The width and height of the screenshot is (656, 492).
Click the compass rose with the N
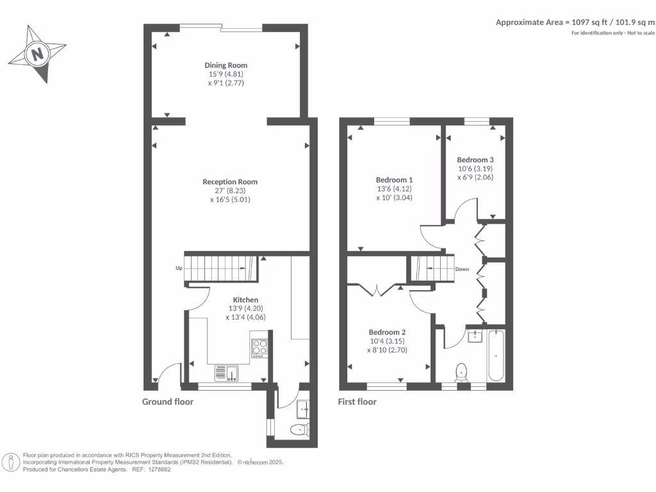click(38, 53)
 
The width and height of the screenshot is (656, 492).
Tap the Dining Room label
click(225, 65)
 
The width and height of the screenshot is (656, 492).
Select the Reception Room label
click(230, 182)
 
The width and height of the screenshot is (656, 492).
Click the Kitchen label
click(245, 300)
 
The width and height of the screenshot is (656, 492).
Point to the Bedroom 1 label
click(394, 180)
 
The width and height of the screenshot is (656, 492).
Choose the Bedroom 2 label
click(387, 332)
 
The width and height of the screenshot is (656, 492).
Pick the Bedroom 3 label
click(475, 160)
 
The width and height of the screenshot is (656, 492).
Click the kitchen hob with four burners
click(259, 347)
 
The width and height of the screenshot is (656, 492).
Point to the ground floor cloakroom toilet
click(299, 430)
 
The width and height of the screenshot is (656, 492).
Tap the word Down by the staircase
click(463, 270)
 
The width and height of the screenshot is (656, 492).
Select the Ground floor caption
click(167, 402)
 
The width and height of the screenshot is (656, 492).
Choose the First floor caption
click(357, 402)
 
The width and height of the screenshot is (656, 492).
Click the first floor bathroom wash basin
click(475, 336)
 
